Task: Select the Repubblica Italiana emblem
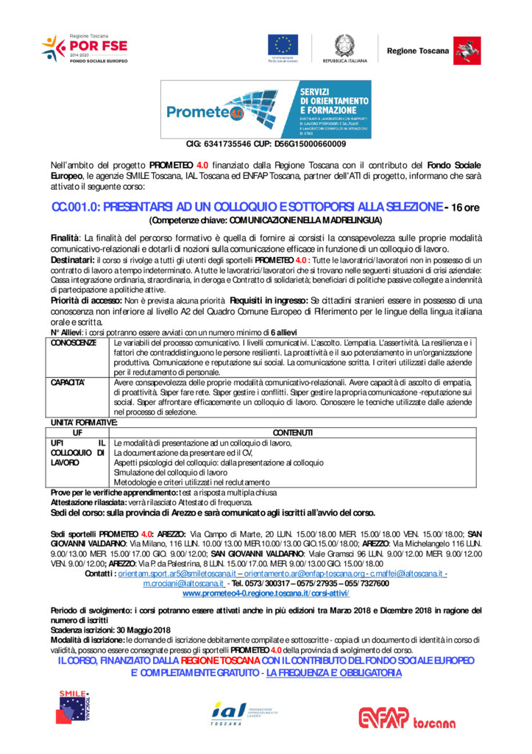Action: (343, 46)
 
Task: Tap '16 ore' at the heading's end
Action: (465, 208)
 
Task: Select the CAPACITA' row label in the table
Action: (68, 383)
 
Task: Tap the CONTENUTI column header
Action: (293, 432)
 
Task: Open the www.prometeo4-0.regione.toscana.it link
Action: (266, 593)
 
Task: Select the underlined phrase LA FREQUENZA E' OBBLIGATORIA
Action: (334, 673)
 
